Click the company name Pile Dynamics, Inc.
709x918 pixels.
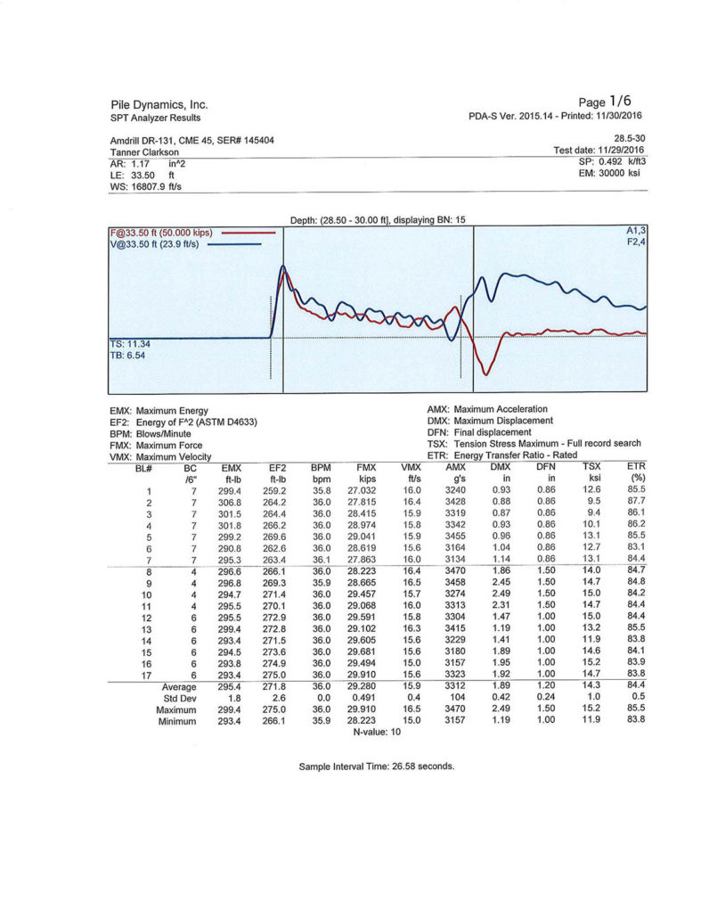click(x=159, y=104)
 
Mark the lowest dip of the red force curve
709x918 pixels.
click(x=485, y=373)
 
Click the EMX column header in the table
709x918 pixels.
click(x=231, y=467)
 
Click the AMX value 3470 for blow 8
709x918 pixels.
click(x=454, y=571)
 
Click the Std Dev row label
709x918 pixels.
click(x=179, y=698)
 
